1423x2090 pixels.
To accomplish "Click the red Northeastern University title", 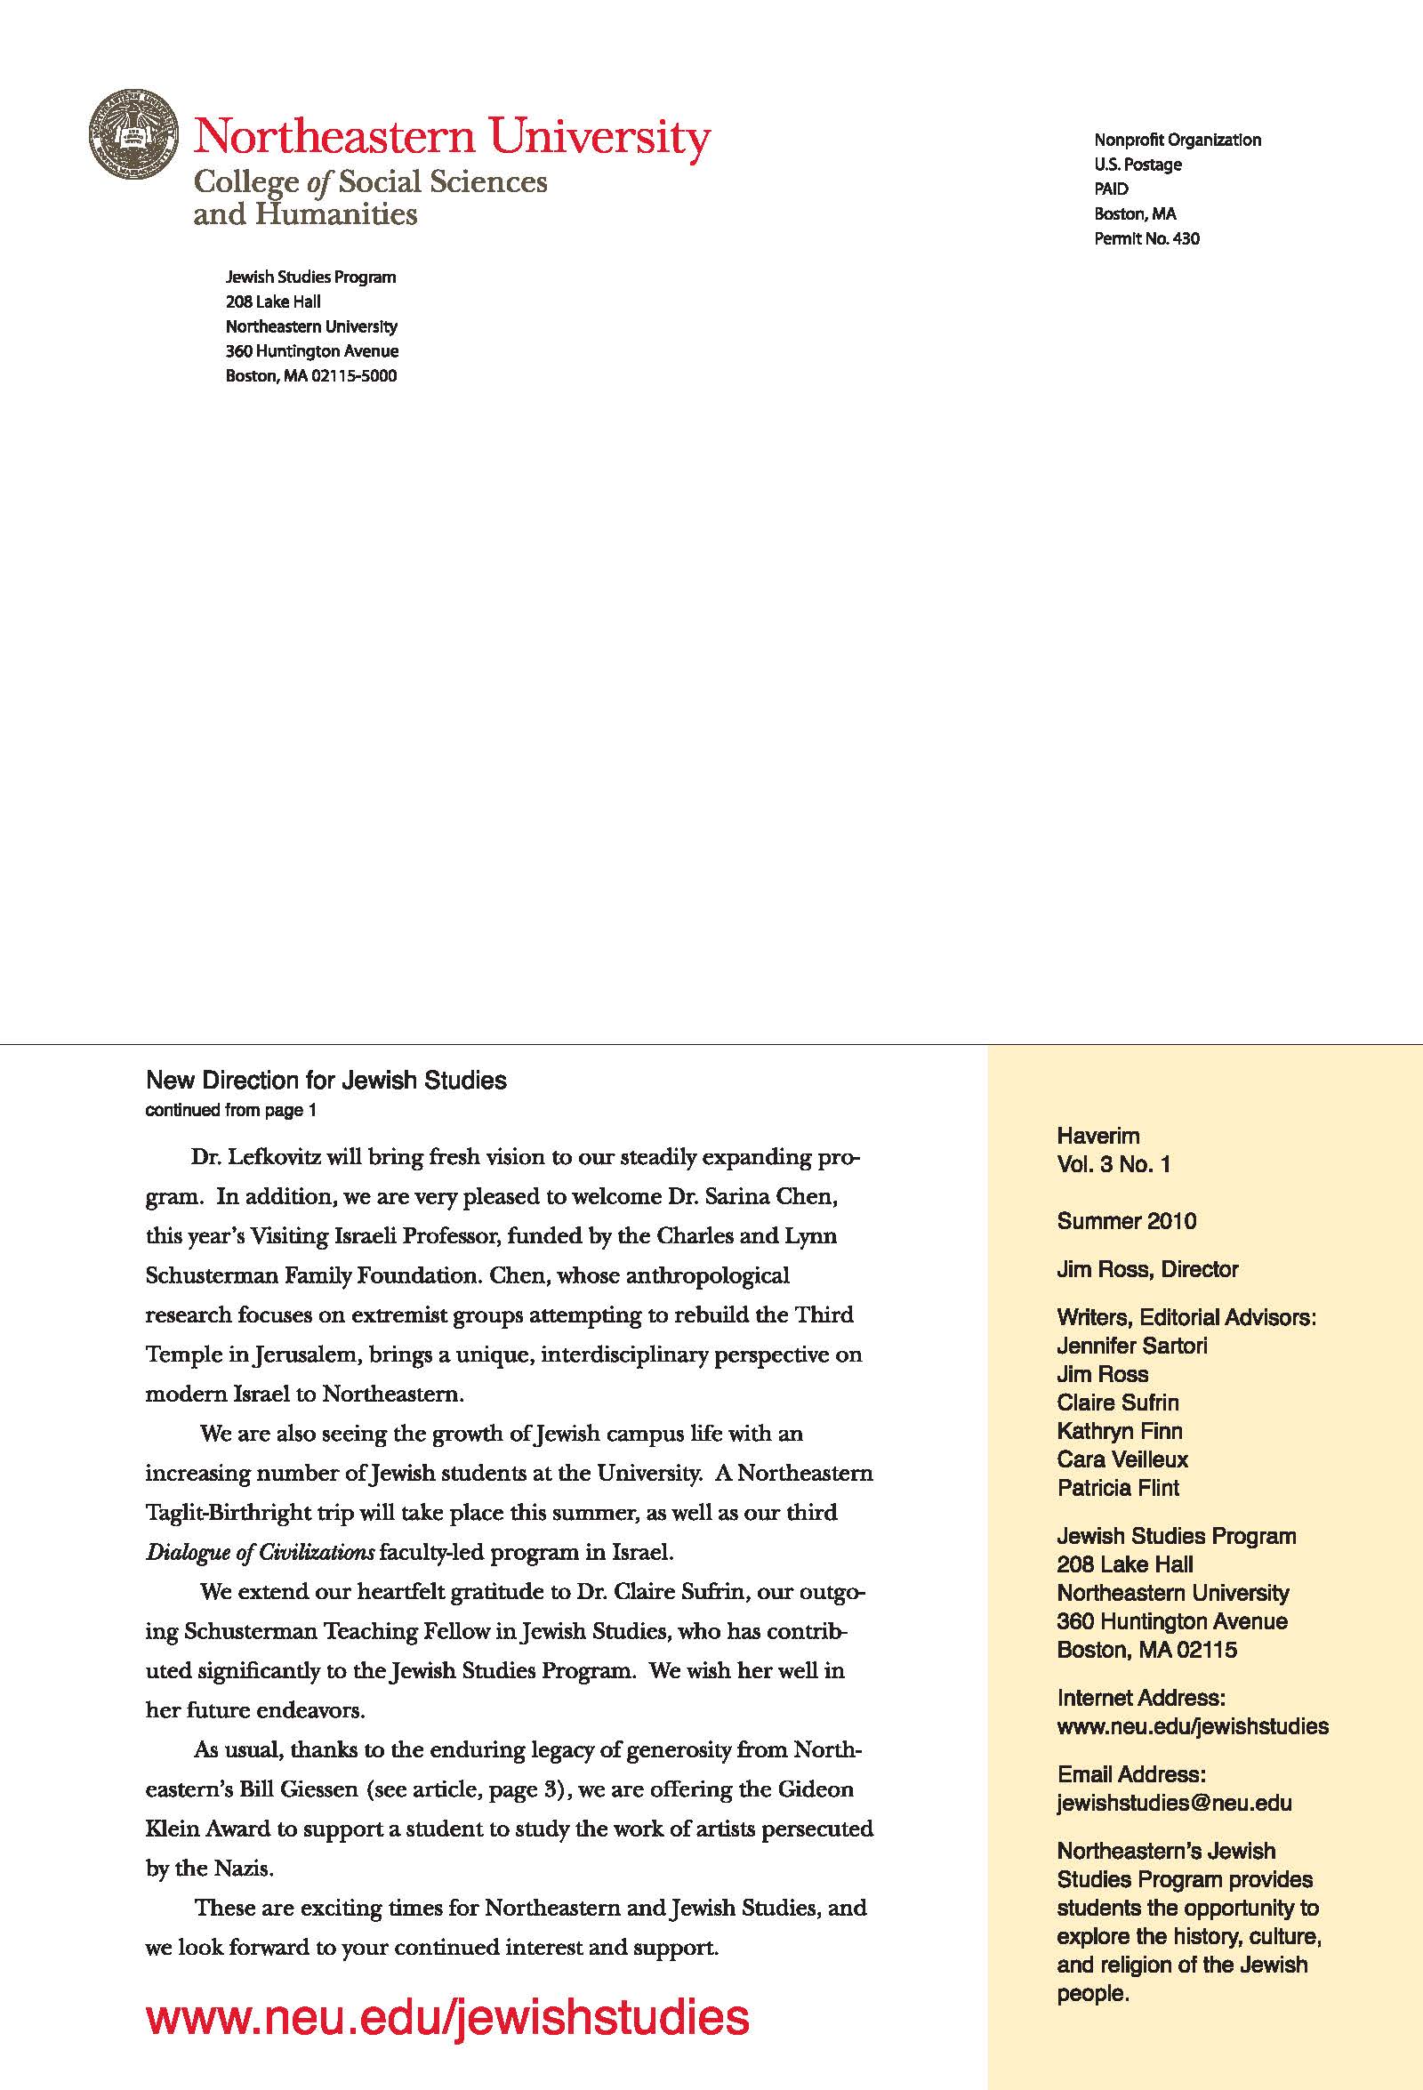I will tap(452, 137).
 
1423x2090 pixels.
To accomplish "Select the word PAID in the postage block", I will tap(1111, 189).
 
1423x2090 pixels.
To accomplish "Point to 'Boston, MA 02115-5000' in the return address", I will tap(310, 376).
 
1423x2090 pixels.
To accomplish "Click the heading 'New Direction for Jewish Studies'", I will tap(326, 1080).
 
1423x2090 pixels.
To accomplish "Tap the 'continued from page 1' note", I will tap(230, 1110).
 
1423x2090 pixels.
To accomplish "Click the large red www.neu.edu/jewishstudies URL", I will tap(447, 2017).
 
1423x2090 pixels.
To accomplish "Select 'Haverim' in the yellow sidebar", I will tap(1097, 1136).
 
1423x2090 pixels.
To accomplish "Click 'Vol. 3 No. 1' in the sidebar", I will tap(1113, 1164).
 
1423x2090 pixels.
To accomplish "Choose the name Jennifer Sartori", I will tap(1131, 1346).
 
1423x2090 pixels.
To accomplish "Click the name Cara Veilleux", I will tap(1122, 1459).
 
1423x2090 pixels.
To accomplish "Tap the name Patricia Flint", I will tap(1117, 1489).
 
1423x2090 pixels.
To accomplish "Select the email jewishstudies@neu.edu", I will tap(1174, 1803).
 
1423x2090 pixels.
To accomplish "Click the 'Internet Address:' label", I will tap(1140, 1698).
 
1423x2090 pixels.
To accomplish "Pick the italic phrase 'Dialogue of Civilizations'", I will tap(259, 1553).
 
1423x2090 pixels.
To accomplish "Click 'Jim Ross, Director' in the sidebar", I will tap(1147, 1270).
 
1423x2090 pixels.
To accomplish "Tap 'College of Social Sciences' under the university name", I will tap(370, 182).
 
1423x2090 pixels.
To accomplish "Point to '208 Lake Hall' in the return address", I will tap(272, 302).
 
